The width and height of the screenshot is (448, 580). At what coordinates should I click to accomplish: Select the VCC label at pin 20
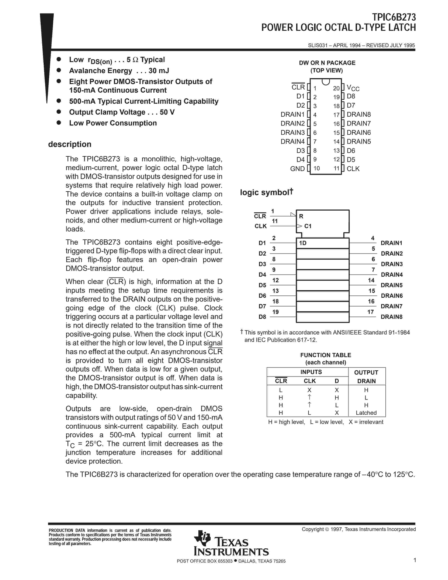pyautogui.click(x=353, y=88)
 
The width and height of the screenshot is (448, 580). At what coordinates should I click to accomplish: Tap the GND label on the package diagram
pyautogui.click(x=297, y=169)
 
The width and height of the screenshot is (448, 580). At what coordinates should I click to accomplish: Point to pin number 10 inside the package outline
pyautogui.click(x=316, y=168)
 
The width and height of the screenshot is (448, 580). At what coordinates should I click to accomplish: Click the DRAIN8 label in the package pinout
pyautogui.click(x=359, y=114)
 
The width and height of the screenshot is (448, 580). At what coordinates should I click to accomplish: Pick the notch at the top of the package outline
pyautogui.click(x=326, y=82)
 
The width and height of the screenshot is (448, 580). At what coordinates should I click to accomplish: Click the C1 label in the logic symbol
pyautogui.click(x=308, y=226)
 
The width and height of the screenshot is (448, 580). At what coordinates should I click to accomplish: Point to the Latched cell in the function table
pyautogui.click(x=366, y=413)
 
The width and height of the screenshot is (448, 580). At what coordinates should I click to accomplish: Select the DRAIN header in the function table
pyautogui.click(x=366, y=381)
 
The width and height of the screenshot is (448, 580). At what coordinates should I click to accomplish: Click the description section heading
pyautogui.click(x=70, y=144)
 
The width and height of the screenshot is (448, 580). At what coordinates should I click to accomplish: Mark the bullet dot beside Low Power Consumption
pyautogui.click(x=59, y=123)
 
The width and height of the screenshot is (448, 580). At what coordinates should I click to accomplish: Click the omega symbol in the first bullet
pyautogui.click(x=135, y=60)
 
